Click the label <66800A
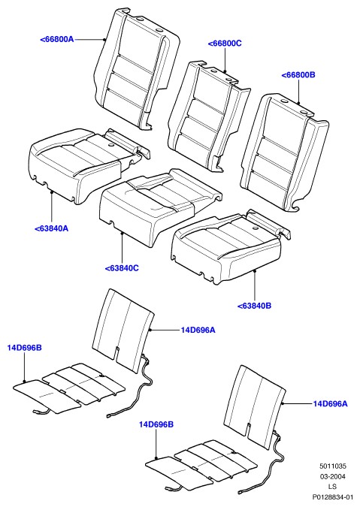coord(57,40)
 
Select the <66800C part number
coord(225,44)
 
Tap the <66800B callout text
coord(298,75)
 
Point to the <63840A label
coord(51,228)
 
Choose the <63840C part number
coord(122,268)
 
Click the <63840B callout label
coord(254,306)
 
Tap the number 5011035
coord(333,466)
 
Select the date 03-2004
coord(333,476)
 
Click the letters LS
coord(332,486)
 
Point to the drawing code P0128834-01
coord(332,496)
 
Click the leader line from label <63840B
coord(255,286)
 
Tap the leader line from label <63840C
coord(122,249)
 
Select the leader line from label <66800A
coord(89,40)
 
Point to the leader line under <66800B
coord(298,92)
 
